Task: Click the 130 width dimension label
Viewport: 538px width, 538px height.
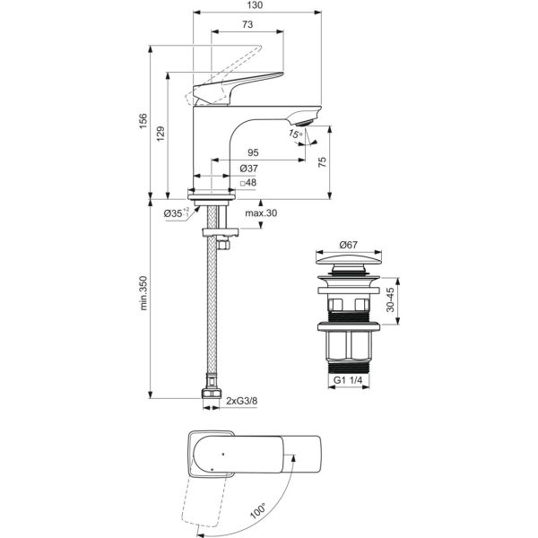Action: tap(255, 5)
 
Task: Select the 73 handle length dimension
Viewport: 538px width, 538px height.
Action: tap(247, 24)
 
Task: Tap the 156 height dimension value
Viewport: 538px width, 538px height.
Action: tap(143, 121)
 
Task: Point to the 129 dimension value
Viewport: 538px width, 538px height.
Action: tap(161, 134)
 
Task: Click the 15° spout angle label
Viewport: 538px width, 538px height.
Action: tap(295, 133)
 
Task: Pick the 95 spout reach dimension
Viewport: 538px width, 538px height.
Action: tap(253, 152)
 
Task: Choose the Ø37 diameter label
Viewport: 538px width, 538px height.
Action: tap(248, 169)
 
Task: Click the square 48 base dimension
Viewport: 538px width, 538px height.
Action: tap(248, 183)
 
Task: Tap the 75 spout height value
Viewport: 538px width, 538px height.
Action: tap(323, 162)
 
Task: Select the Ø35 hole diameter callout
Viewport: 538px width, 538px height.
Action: tap(177, 213)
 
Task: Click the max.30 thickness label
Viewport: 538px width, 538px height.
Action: tap(261, 213)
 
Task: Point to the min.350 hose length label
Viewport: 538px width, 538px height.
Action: tap(143, 293)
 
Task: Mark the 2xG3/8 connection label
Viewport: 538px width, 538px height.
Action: tap(242, 401)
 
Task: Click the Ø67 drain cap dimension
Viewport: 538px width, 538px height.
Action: tap(348, 245)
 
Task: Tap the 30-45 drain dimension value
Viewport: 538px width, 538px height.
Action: tap(390, 299)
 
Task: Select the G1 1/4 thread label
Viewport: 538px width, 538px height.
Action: tap(348, 380)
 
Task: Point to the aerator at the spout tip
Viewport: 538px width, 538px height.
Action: tap(304, 122)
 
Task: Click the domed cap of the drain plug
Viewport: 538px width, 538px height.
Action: tap(349, 259)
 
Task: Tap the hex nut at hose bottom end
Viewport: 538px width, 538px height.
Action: tap(212, 394)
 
